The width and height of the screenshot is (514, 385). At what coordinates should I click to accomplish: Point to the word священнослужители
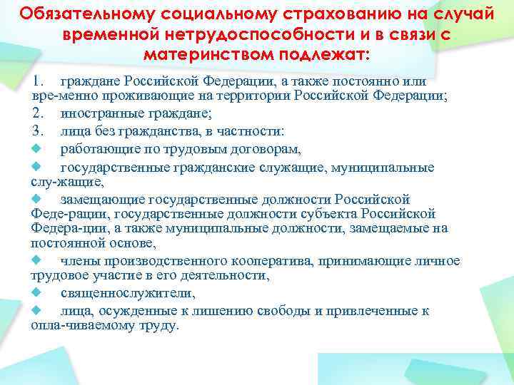(x=127, y=294)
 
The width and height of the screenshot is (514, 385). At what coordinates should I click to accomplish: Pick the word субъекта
(x=331, y=214)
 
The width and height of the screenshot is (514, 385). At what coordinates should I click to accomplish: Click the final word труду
(x=163, y=326)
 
